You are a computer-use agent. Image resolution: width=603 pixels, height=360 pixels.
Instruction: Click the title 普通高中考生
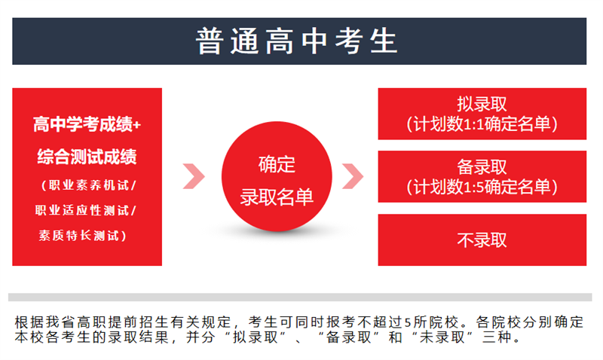[x=296, y=41]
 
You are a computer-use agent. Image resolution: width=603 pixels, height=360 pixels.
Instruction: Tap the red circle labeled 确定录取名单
[x=277, y=176]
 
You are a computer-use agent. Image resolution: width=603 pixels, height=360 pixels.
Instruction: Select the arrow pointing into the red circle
[x=194, y=176]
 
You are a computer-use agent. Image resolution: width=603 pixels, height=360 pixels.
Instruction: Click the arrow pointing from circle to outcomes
[x=353, y=176]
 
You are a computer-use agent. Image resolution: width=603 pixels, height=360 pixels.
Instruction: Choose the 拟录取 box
[x=482, y=114]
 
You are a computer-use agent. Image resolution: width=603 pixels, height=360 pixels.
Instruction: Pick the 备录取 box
[x=482, y=176]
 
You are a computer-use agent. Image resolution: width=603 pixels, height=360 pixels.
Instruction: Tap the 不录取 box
[x=482, y=239]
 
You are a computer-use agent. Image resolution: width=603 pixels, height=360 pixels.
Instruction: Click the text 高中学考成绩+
[x=87, y=124]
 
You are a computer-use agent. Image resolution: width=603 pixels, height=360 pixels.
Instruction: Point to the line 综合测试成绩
[x=87, y=157]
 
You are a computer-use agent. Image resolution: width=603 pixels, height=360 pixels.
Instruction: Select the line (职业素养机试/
[x=88, y=185]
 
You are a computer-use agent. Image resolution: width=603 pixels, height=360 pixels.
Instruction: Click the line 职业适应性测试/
[x=85, y=210]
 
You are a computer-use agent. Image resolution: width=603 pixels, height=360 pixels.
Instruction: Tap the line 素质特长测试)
[x=82, y=235]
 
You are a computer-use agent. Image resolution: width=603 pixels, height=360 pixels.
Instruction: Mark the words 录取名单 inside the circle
[x=277, y=197]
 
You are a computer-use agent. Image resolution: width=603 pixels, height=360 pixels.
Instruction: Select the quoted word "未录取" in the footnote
[x=442, y=337]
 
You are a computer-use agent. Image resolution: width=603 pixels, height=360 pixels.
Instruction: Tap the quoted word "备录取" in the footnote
[x=349, y=337]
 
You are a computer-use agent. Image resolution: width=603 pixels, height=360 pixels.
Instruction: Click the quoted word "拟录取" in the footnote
[x=256, y=337]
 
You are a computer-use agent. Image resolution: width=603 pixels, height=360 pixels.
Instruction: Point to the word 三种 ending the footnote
[x=497, y=337]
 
